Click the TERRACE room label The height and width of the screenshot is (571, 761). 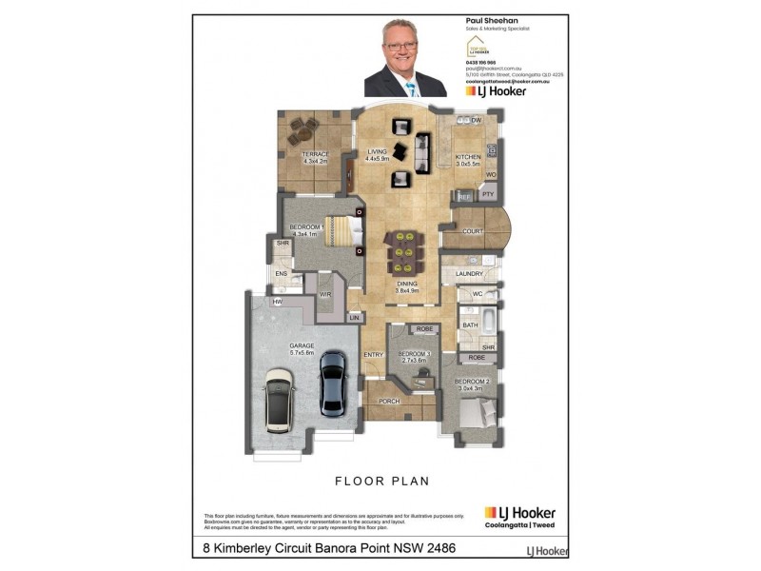[x=316, y=154]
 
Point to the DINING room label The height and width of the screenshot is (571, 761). [x=407, y=284]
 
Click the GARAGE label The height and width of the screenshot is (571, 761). [x=302, y=346]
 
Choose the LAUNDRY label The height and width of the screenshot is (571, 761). [x=470, y=274]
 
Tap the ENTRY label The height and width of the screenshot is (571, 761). [x=373, y=355]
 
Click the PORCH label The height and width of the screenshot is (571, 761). [x=389, y=401]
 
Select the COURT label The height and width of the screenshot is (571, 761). [x=474, y=231]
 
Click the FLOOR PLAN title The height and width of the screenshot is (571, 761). [x=380, y=481]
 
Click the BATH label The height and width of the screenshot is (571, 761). [x=470, y=325]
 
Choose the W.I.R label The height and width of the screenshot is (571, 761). [x=324, y=295]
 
